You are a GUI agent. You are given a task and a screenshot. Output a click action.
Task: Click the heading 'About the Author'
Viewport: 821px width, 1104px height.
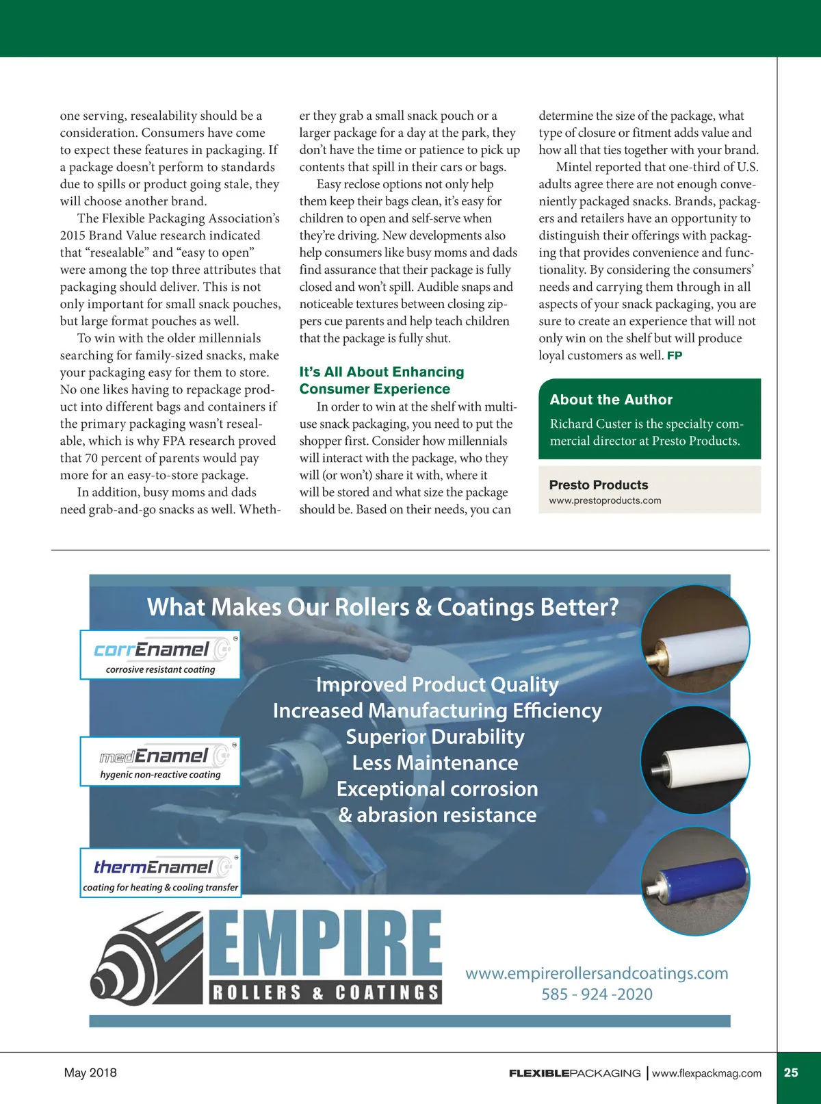pyautogui.click(x=611, y=400)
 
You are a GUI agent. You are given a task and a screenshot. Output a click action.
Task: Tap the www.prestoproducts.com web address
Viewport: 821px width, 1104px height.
pyautogui.click(x=605, y=500)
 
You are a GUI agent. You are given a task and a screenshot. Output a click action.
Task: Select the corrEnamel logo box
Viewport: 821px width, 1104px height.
pyautogui.click(x=160, y=655)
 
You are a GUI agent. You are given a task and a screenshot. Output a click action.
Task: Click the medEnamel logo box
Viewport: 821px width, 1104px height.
pyautogui.click(x=160, y=761)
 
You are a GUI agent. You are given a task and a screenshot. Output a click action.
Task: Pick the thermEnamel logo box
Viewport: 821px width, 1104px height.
pyautogui.click(x=160, y=873)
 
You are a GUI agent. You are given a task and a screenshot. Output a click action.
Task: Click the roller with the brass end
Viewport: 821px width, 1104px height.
pyautogui.click(x=695, y=639)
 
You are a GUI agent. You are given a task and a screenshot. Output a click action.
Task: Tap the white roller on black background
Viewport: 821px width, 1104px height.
pyautogui.click(x=695, y=760)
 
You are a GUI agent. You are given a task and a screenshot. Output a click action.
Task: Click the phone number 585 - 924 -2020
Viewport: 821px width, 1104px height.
pyautogui.click(x=597, y=994)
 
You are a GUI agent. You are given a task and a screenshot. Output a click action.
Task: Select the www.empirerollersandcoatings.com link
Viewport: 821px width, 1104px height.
pyautogui.click(x=597, y=973)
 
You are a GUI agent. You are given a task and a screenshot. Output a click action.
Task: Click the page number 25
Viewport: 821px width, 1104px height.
pyautogui.click(x=791, y=1073)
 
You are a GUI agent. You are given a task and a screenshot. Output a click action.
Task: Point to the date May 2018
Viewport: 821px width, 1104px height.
pyautogui.click(x=90, y=1073)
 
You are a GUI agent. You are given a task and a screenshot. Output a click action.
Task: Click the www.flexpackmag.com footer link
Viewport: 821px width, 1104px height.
pyautogui.click(x=706, y=1073)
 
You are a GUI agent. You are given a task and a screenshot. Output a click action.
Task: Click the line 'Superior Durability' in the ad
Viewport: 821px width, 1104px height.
pyautogui.click(x=435, y=737)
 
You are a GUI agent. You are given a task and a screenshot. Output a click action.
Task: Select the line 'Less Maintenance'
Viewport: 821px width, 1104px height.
pyautogui.click(x=435, y=763)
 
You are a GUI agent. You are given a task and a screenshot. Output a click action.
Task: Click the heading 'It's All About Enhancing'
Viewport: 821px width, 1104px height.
pyautogui.click(x=381, y=372)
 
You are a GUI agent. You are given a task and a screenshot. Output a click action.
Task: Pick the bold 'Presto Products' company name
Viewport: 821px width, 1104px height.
pyautogui.click(x=598, y=485)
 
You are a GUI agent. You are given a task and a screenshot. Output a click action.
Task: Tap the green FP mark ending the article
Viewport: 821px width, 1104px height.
pyautogui.click(x=675, y=356)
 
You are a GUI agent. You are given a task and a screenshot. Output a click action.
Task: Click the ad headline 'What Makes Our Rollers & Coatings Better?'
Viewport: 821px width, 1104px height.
pyautogui.click(x=382, y=607)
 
